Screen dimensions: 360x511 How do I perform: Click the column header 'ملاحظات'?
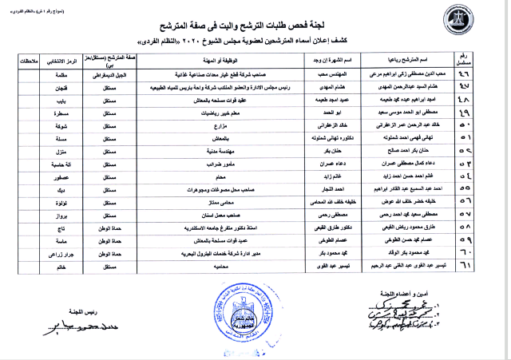[x=34, y=61]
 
